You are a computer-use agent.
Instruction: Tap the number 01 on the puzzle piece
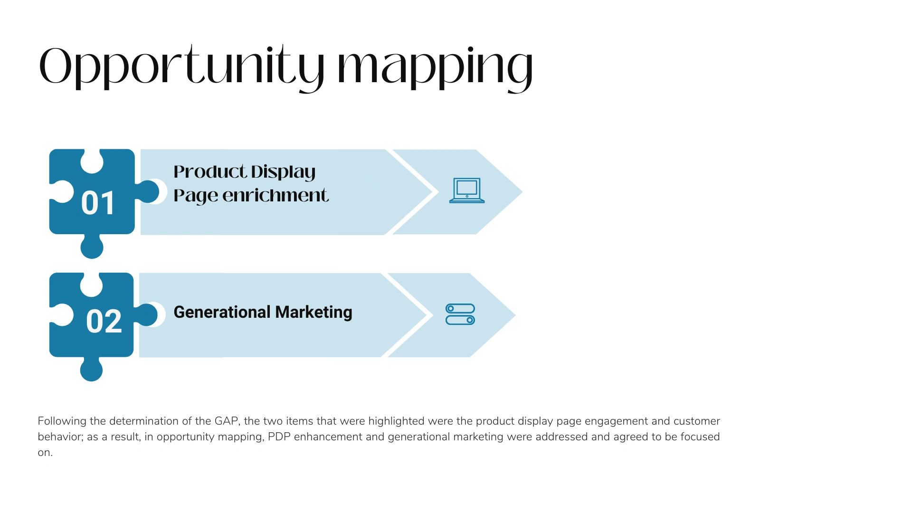tap(98, 203)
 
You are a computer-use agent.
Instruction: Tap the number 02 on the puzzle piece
tap(104, 321)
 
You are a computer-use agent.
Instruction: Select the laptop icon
tap(467, 190)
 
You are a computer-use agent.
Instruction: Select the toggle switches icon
tap(460, 314)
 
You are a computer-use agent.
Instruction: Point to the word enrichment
tap(275, 195)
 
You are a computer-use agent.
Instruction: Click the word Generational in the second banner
tap(222, 312)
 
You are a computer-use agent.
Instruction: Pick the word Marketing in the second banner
tap(313, 313)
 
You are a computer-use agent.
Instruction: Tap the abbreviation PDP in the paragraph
tap(279, 437)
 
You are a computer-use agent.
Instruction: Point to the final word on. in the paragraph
tap(45, 453)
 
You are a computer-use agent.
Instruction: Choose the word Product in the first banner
tap(210, 171)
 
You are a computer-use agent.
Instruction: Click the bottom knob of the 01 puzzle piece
tap(92, 247)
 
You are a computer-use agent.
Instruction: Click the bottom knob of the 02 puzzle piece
tap(92, 370)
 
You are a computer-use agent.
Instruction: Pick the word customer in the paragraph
tap(697, 421)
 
